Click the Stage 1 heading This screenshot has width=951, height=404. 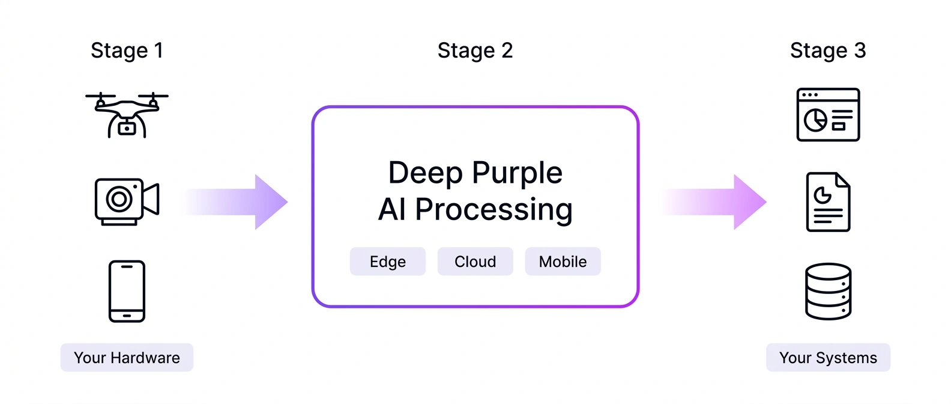(x=127, y=50)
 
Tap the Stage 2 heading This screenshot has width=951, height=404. (x=475, y=50)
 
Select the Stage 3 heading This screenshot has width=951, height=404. (x=828, y=50)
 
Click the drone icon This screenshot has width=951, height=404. (x=127, y=114)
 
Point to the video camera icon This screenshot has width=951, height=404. (x=127, y=201)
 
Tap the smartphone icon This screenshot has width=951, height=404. (x=127, y=291)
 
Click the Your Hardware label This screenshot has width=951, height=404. (x=127, y=358)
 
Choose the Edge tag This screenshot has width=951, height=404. (x=388, y=262)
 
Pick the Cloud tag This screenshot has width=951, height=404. (x=475, y=262)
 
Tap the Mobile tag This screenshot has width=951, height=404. (x=563, y=262)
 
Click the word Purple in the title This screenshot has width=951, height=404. (x=517, y=173)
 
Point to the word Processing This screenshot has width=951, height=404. (x=494, y=210)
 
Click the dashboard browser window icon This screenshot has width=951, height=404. (x=828, y=115)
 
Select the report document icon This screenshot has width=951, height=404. (x=828, y=202)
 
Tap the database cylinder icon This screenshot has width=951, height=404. (x=828, y=291)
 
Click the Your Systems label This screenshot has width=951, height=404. (x=828, y=358)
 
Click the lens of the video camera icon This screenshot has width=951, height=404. (x=119, y=199)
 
